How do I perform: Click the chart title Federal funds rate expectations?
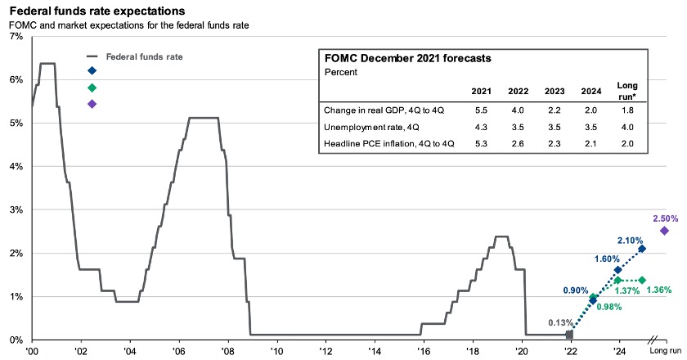click(x=97, y=11)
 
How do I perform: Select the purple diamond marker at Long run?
click(x=664, y=231)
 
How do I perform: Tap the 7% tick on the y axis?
click(x=16, y=37)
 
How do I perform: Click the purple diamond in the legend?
click(x=92, y=104)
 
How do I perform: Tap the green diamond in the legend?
click(x=92, y=88)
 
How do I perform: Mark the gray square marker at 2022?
click(x=570, y=335)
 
